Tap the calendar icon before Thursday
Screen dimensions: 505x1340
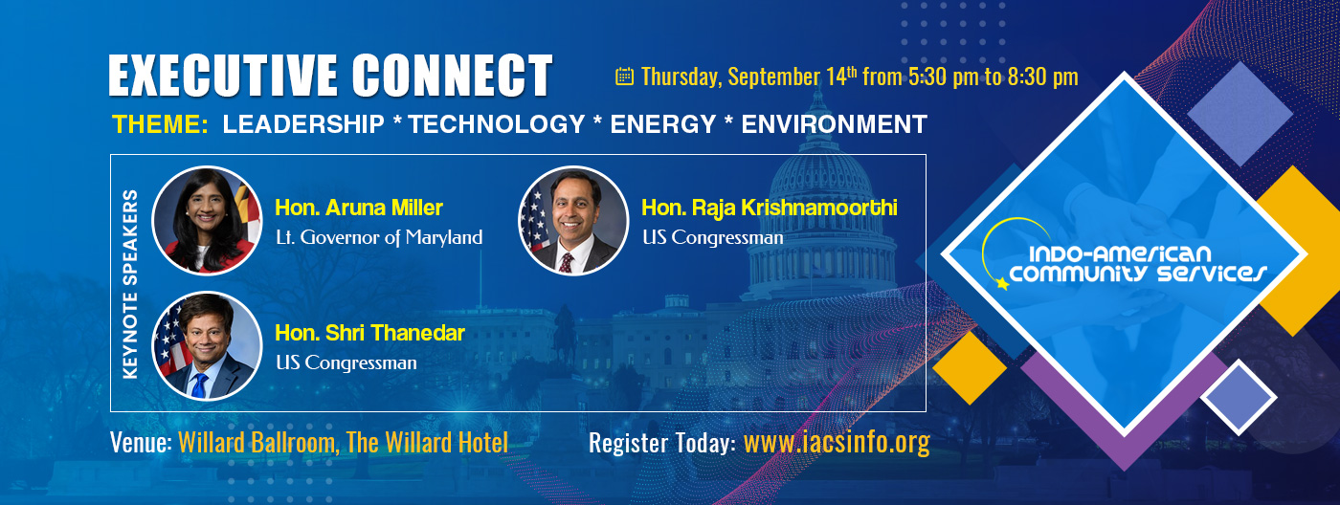point(624,77)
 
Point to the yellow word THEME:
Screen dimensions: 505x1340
point(160,124)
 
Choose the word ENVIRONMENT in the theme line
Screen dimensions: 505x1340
point(834,124)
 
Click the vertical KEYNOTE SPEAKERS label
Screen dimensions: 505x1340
point(131,284)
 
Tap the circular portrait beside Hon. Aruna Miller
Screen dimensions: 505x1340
point(207,221)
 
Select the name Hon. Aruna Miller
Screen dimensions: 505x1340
point(359,208)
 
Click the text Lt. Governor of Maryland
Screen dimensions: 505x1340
point(378,237)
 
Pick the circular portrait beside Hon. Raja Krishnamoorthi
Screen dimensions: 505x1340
point(572,221)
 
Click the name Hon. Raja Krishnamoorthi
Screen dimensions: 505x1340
point(770,208)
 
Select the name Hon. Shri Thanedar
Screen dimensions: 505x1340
point(369,333)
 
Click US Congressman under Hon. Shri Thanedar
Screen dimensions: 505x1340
point(346,362)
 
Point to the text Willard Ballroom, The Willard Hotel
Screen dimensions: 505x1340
point(343,443)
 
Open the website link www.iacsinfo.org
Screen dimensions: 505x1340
point(837,443)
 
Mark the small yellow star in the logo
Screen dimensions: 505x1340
point(1002,284)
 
